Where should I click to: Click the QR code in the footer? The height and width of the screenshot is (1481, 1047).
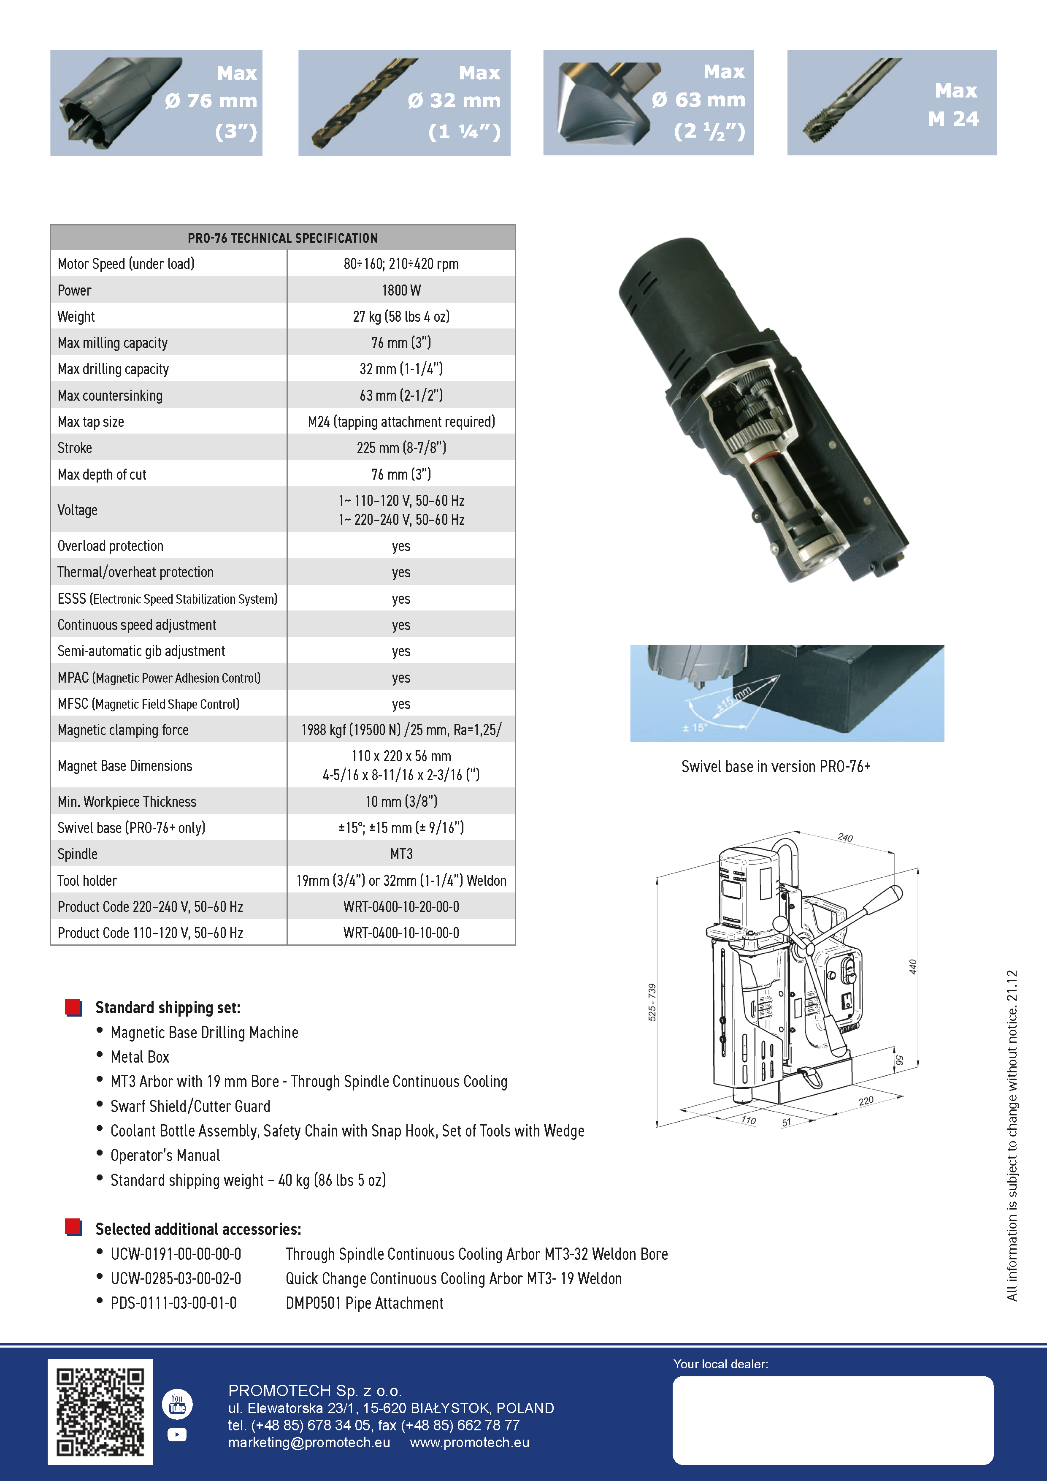pyautogui.click(x=100, y=1411)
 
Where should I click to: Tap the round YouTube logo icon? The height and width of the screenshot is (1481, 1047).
pyautogui.click(x=177, y=1404)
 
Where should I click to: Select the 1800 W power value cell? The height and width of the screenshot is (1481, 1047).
pyautogui.click(x=401, y=290)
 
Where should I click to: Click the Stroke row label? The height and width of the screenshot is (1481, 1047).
pyautogui.click(x=75, y=448)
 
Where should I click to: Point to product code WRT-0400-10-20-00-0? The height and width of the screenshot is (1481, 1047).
pyautogui.click(x=401, y=907)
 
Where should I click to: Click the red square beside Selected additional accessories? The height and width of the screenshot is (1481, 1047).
pyautogui.click(x=73, y=1227)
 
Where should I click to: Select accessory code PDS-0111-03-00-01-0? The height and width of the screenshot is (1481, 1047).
pyautogui.click(x=173, y=1303)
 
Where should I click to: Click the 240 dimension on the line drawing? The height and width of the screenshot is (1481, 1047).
pyautogui.click(x=845, y=837)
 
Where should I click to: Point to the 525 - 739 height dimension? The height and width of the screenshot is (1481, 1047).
pyautogui.click(x=652, y=1002)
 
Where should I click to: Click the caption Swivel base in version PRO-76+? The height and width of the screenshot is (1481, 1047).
pyautogui.click(x=776, y=766)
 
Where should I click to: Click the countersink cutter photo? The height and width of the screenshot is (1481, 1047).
pyautogui.click(x=603, y=102)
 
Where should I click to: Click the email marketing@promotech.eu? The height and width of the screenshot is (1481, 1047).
pyautogui.click(x=309, y=1442)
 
